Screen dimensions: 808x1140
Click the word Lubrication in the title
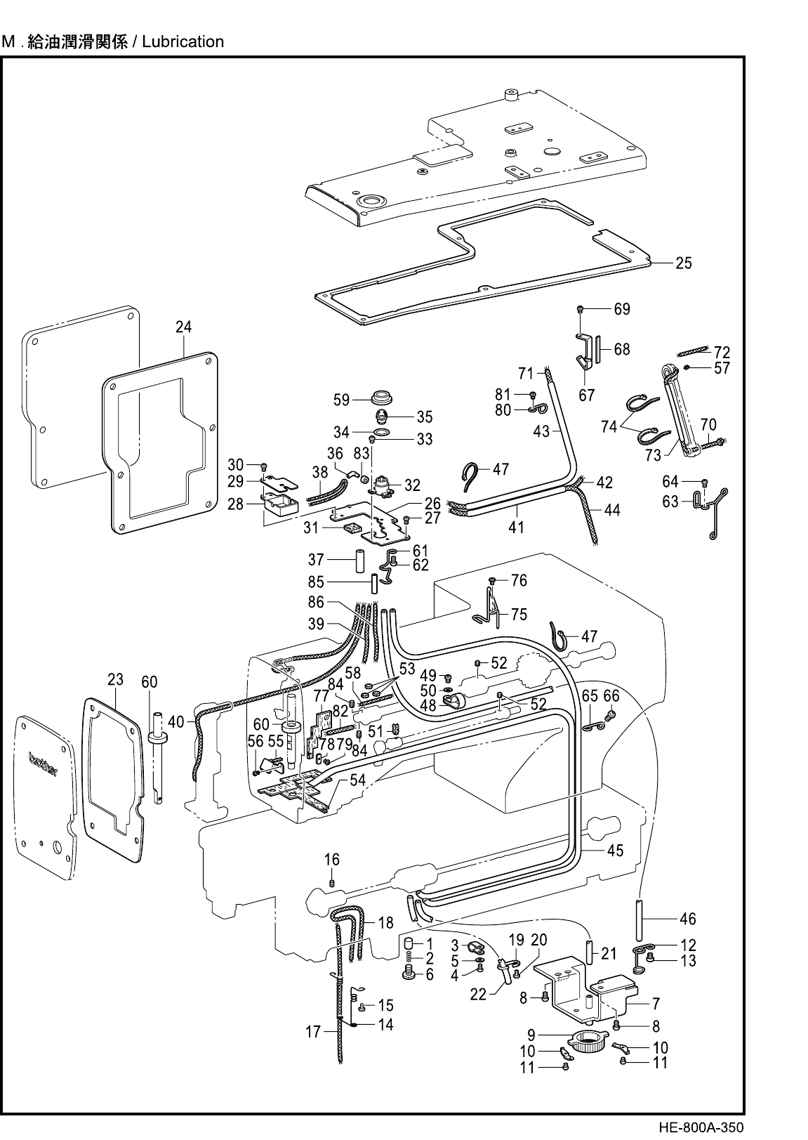(x=183, y=41)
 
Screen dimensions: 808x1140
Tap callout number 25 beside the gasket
(x=684, y=263)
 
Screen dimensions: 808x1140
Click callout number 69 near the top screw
(x=622, y=309)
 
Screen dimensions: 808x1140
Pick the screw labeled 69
(x=581, y=309)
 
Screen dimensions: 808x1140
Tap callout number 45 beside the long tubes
(x=615, y=851)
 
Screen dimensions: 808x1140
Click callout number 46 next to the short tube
(x=688, y=919)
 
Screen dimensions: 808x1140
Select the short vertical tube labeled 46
(x=640, y=921)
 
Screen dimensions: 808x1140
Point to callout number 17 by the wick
(x=313, y=1032)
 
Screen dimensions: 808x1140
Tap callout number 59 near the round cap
(x=342, y=400)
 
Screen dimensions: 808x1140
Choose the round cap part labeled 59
(x=382, y=396)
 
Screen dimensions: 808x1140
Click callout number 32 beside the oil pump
(x=412, y=485)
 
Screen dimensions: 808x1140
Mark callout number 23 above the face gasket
(x=116, y=679)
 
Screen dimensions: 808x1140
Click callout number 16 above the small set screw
(x=332, y=860)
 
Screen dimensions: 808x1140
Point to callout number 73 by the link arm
(x=653, y=454)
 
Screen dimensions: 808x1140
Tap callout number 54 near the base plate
(x=358, y=780)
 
